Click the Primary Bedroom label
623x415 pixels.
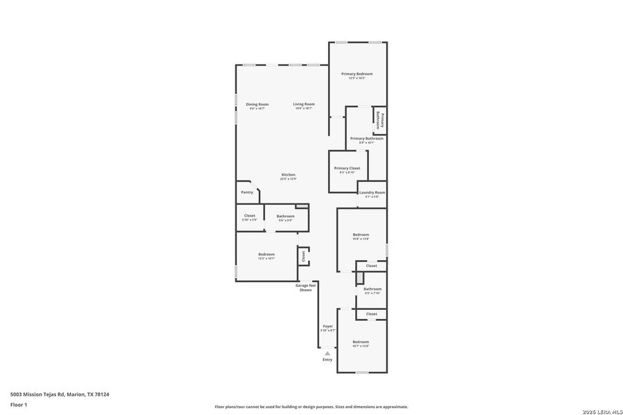coord(356,74)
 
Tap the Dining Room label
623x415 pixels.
coord(257,104)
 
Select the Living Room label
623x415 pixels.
coord(303,104)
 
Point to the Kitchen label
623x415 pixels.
coord(288,175)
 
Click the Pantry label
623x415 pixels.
coord(246,192)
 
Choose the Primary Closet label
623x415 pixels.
coord(347,168)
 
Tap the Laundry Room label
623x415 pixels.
coord(372,192)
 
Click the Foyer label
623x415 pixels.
coord(327,326)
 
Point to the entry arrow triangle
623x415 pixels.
coord(327,353)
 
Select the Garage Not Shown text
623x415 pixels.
coord(305,287)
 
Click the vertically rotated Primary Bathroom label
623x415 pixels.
coord(379,119)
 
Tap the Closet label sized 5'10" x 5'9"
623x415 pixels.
coord(249,216)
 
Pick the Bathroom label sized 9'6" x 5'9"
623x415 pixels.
coord(285,216)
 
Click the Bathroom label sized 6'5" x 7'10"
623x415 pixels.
coord(372,289)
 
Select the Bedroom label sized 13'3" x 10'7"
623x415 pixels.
coord(267,255)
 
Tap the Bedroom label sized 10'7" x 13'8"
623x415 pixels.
coord(361,342)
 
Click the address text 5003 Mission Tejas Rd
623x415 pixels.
coord(59,394)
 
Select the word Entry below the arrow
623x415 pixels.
coord(327,360)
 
